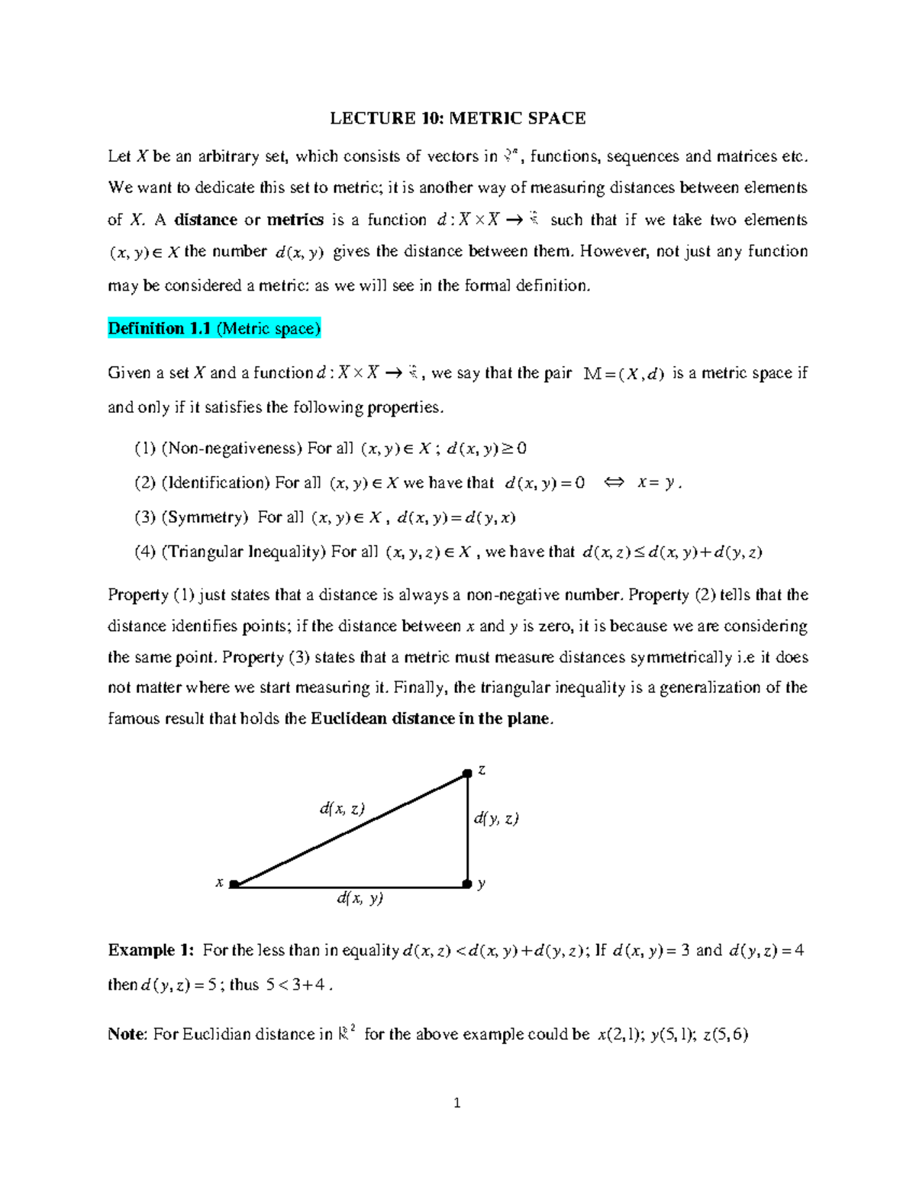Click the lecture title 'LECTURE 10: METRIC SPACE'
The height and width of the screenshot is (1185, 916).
click(x=457, y=118)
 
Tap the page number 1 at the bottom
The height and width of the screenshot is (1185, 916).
click(x=456, y=1103)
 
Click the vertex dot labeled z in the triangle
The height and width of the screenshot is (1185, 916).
click(x=467, y=774)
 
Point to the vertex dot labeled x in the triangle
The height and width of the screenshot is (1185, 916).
click(x=234, y=884)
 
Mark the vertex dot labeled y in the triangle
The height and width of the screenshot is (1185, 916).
click(x=467, y=884)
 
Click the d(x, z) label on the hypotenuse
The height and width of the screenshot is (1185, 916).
click(x=342, y=808)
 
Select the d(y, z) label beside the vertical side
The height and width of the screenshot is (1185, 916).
click(x=496, y=818)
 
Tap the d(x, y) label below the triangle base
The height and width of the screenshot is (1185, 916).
click(x=360, y=898)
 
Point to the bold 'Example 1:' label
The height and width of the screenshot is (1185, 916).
click(x=151, y=951)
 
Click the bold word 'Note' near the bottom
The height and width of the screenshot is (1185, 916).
click(x=126, y=1035)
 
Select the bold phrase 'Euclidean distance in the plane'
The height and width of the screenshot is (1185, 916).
click(x=430, y=719)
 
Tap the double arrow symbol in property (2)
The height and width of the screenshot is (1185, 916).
click(x=614, y=483)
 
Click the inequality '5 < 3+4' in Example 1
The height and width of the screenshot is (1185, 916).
click(x=298, y=985)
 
